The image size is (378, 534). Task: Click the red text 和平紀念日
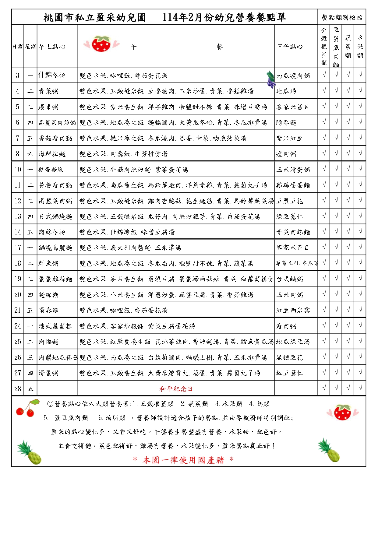click(176, 389)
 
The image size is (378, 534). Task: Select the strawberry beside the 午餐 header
click(101, 44)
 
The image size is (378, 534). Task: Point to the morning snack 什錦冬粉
click(52, 75)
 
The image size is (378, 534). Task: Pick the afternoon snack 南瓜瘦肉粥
click(293, 76)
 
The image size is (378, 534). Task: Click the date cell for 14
click(18, 232)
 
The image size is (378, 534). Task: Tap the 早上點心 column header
click(52, 47)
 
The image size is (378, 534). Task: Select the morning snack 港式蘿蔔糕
click(55, 326)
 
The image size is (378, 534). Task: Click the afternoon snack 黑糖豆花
click(289, 357)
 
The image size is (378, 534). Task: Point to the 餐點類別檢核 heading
click(342, 17)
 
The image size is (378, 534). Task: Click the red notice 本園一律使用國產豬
click(183, 460)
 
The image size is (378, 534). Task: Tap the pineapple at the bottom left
click(30, 453)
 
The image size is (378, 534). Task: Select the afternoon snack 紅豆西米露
click(293, 310)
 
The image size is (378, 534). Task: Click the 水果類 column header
click(360, 47)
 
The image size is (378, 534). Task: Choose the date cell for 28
click(18, 389)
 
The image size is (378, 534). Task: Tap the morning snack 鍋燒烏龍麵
click(55, 248)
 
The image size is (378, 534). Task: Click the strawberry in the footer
click(343, 412)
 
